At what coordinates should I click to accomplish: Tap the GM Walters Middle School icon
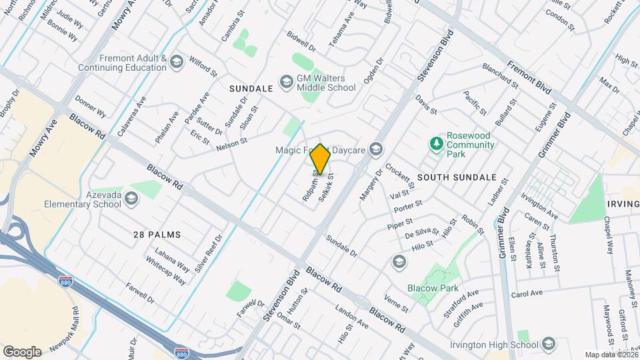point(286,81)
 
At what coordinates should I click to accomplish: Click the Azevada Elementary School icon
point(131,198)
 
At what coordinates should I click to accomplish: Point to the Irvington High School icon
point(549,344)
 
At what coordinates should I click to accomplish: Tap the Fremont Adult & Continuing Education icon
point(177,63)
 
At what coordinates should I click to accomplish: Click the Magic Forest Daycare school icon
point(377,150)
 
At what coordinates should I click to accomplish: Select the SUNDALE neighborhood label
point(251,88)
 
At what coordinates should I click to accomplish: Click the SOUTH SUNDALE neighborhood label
point(457,177)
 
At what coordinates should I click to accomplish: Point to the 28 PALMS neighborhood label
point(157,235)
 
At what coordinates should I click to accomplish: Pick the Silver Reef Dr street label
point(208,253)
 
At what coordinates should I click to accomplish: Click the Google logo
point(22,351)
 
